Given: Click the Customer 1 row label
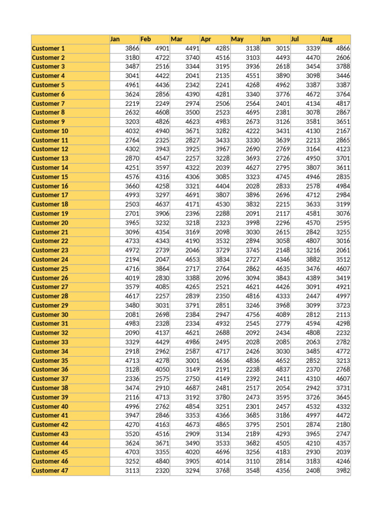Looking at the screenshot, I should point(48,48).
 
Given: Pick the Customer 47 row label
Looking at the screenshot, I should point(50,471).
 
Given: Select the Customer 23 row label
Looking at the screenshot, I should point(50,250).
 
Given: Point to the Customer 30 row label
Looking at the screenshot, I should point(50,314).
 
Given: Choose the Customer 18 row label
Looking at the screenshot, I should point(50,204).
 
